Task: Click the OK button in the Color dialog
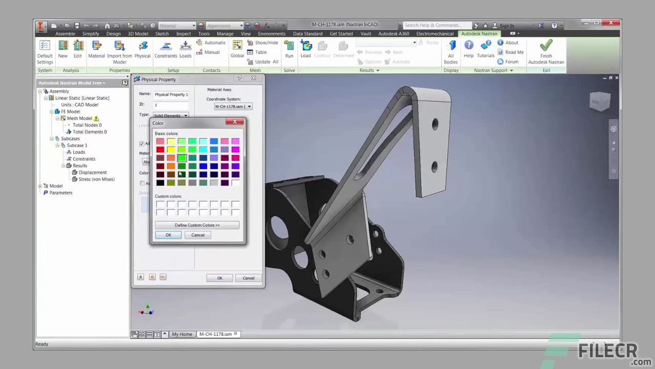pyautogui.click(x=168, y=235)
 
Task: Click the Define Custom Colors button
pyautogui.click(x=197, y=225)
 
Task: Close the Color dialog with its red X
pyautogui.click(x=235, y=122)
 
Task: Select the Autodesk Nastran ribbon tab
pyautogui.click(x=479, y=34)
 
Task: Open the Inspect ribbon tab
pyautogui.click(x=183, y=34)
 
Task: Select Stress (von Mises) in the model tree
pyautogui.click(x=96, y=179)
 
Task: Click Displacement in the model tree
pyautogui.click(x=93, y=173)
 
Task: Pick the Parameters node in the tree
pyautogui.click(x=60, y=193)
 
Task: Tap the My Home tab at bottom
pyautogui.click(x=182, y=334)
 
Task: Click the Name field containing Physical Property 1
pyautogui.click(x=171, y=94)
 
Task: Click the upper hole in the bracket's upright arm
pyautogui.click(x=435, y=124)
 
